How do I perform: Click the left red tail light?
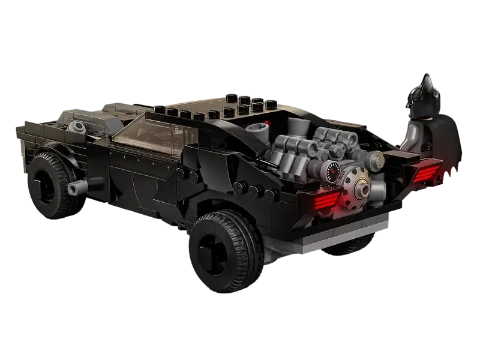click(x=324, y=200)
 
